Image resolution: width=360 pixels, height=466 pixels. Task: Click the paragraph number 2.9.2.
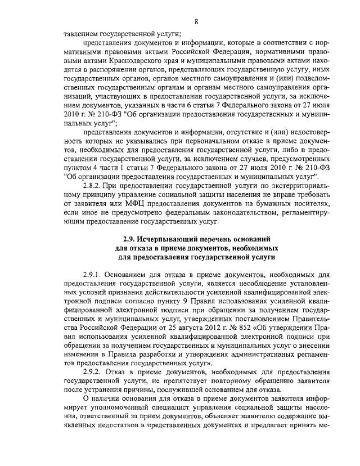(93, 372)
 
